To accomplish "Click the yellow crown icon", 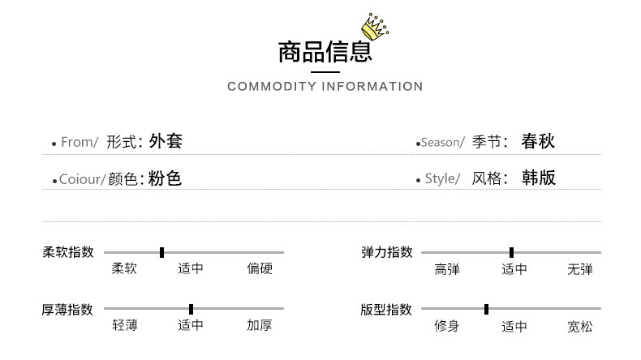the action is click(x=375, y=28).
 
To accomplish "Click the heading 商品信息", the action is click(x=325, y=53).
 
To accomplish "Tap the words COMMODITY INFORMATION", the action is click(x=325, y=87).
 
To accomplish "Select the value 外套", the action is click(x=166, y=141).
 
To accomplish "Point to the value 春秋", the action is click(x=538, y=141).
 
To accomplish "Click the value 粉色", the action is click(x=165, y=178).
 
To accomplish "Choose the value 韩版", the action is click(x=539, y=178).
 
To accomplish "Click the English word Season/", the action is click(x=443, y=143).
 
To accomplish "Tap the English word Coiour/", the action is click(x=82, y=179).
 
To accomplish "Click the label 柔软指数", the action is click(x=68, y=252).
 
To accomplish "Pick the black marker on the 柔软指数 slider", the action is click(x=161, y=252).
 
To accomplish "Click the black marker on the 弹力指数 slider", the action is click(x=511, y=252).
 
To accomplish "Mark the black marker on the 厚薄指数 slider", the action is click(x=191, y=309).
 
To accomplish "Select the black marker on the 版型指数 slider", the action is click(x=486, y=309).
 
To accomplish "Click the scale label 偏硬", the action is click(x=260, y=269).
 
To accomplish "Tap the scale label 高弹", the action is click(x=447, y=269).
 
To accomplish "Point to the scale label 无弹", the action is click(x=579, y=269).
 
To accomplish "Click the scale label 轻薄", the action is click(x=124, y=326).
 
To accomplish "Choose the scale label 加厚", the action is click(x=260, y=326).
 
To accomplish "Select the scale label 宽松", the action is click(x=579, y=327).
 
